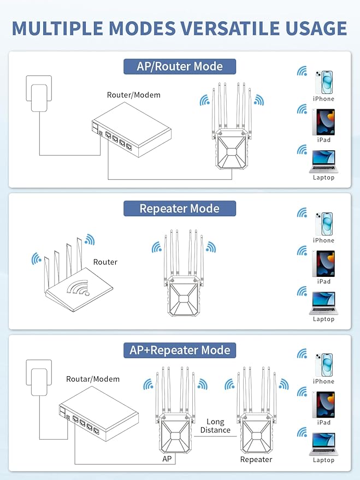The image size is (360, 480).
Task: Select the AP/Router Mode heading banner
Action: tap(180, 67)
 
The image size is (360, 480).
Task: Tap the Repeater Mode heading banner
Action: tap(179, 209)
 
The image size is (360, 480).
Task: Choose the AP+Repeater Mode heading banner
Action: tap(180, 350)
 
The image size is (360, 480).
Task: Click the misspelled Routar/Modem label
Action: tap(93, 379)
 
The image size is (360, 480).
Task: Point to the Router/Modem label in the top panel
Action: tap(134, 95)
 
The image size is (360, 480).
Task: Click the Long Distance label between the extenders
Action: tap(215, 426)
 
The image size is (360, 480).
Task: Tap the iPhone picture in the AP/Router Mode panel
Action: tap(323, 82)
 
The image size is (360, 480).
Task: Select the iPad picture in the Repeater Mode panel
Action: tap(323, 264)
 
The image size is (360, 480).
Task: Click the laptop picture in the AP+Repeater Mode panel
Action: tap(323, 443)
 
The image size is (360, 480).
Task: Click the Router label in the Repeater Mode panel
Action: tap(105, 262)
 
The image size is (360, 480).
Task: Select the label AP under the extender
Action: tap(167, 459)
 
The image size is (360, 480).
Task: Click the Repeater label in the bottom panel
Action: tap(256, 459)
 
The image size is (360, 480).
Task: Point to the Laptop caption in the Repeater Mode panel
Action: tap(323, 319)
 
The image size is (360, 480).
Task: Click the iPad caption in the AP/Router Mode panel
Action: tap(324, 140)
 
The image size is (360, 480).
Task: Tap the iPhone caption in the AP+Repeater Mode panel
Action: tap(323, 382)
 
